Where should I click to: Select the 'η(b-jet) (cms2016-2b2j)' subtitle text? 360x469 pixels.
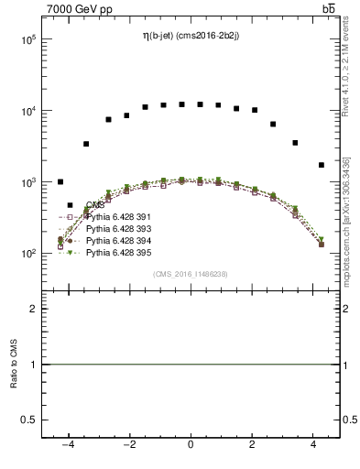coord(191,36)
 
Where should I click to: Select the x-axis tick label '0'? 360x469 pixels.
coord(191,444)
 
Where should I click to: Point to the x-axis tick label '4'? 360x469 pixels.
coord(314,444)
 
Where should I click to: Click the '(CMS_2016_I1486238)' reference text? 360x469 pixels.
coord(191,274)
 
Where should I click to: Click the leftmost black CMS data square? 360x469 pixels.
coord(60,182)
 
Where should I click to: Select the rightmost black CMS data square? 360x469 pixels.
coord(321,165)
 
